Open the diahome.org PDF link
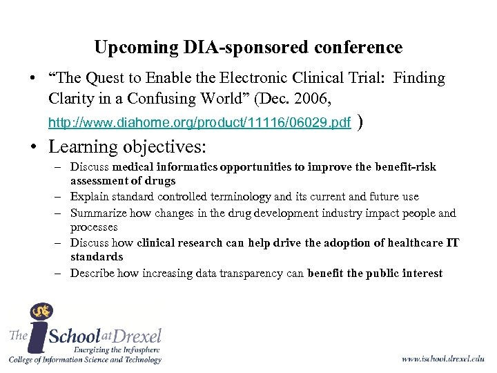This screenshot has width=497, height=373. click(x=199, y=124)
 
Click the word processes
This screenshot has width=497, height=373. click(x=94, y=227)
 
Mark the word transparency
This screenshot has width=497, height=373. click(x=262, y=273)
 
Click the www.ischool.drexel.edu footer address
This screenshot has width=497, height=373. click(x=443, y=359)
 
